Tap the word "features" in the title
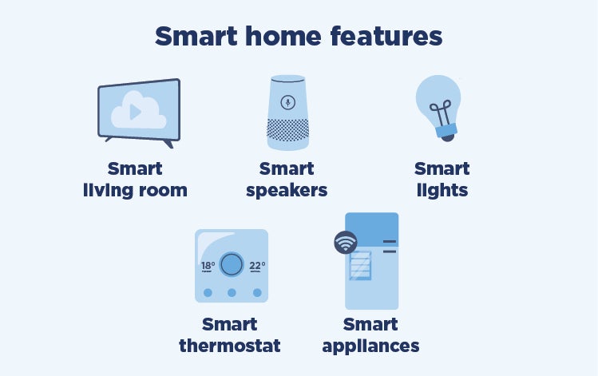386,36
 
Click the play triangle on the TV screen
136,112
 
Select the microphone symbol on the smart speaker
288,102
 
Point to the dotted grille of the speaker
288,129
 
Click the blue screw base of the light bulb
446,131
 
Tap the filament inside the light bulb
442,113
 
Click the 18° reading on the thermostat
208,266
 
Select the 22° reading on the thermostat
257,266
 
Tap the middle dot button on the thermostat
232,292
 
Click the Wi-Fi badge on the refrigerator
346,243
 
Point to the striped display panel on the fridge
360,265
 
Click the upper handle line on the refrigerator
390,241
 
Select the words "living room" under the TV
136,190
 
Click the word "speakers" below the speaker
287,190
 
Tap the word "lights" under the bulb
442,190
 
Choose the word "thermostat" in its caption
230,346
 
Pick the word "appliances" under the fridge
370,346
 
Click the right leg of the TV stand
168,144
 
